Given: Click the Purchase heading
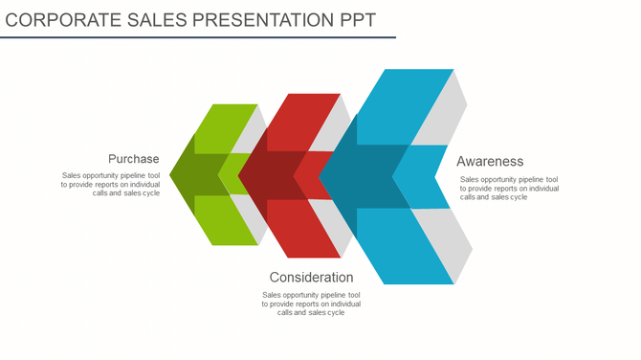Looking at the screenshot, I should coord(133,159).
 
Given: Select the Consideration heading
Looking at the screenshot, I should coord(311,278).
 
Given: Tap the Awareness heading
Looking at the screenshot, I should coord(490,161).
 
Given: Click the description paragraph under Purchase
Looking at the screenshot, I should coord(110,184).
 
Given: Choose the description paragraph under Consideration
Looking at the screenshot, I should coord(311,304).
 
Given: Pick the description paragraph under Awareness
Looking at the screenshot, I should coord(509,188).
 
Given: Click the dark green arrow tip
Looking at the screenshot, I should coord(187,175).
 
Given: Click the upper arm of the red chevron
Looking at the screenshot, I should coord(301,121).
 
